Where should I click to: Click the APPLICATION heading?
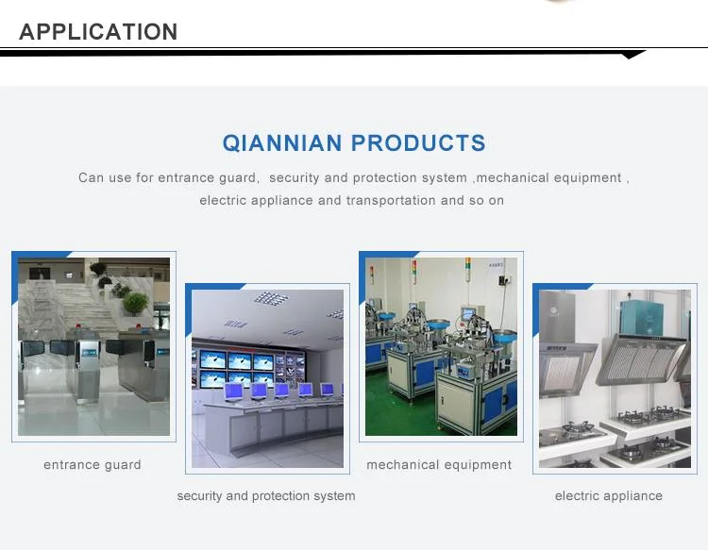tap(98, 32)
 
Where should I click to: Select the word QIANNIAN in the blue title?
tap(282, 143)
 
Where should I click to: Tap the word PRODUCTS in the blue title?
tap(418, 143)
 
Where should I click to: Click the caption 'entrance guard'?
tap(93, 465)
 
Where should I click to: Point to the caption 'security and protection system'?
tap(266, 496)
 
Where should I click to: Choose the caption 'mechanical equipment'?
tap(439, 465)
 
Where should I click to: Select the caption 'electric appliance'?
tap(609, 496)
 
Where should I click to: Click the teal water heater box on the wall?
tap(642, 318)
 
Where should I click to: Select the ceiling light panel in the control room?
tap(271, 298)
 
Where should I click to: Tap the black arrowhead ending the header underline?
tap(633, 55)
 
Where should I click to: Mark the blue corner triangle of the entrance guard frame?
tap(31, 266)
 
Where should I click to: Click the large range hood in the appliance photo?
tap(641, 359)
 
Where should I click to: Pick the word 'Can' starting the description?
tap(91, 177)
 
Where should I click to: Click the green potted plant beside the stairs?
tap(135, 303)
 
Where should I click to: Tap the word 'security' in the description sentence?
tap(294, 177)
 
